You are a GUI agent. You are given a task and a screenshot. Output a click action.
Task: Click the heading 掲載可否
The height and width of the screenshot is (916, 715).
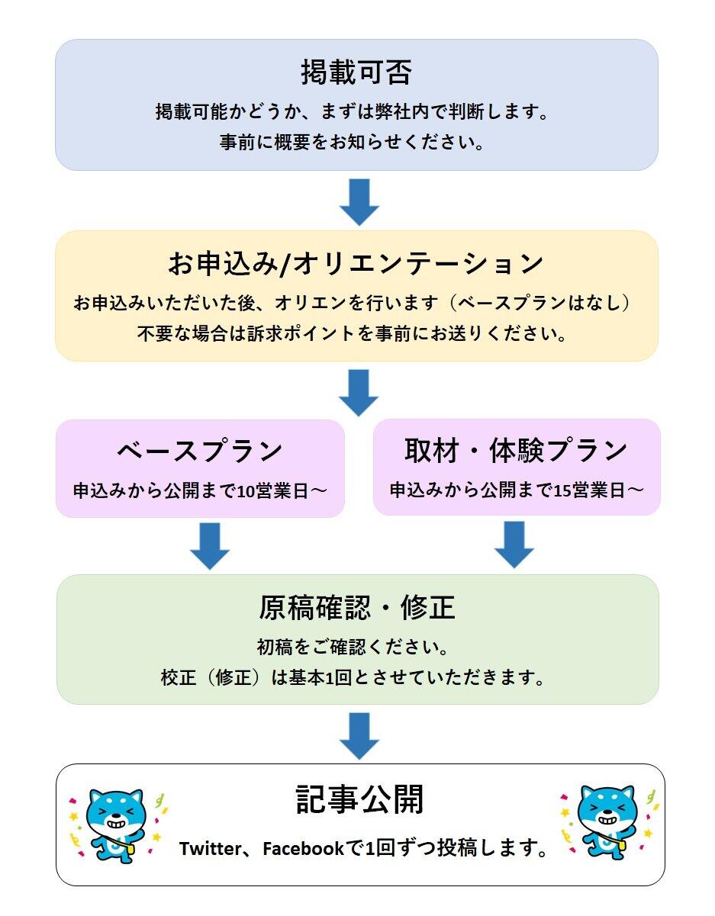coord(356,73)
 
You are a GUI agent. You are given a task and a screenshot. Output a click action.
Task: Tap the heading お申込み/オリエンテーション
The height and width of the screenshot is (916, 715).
coord(356,264)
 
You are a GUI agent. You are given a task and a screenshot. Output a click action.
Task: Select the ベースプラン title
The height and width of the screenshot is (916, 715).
coord(200,451)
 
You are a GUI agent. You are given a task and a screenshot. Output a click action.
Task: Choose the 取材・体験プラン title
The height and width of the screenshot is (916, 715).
coord(516,451)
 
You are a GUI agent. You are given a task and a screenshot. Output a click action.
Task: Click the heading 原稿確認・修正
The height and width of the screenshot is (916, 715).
coord(357,608)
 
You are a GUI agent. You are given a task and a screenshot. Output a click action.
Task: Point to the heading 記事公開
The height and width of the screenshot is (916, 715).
coord(359,800)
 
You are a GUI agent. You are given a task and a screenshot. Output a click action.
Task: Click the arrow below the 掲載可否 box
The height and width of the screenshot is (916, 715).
coord(359,201)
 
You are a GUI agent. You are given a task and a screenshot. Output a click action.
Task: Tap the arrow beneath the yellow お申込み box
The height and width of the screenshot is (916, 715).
coord(359,392)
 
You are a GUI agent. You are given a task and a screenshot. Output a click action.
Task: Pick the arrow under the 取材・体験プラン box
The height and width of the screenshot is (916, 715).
coord(514,545)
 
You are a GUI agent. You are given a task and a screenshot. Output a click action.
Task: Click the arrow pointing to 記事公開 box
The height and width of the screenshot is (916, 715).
coord(359,735)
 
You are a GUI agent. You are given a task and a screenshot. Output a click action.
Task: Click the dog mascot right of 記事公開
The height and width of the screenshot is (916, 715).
coord(607,823)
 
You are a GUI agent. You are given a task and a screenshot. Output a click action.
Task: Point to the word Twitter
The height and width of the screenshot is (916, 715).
coord(209,849)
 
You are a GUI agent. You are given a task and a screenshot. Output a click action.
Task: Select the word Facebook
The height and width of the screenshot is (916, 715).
coord(303,849)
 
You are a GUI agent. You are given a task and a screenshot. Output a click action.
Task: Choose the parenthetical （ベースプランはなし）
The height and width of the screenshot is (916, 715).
coord(541,303)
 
